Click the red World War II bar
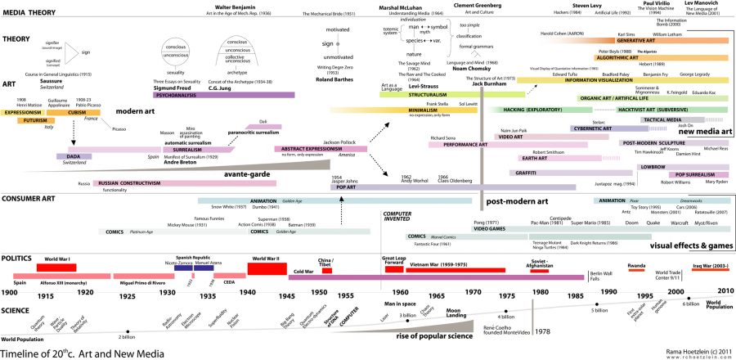point(263,267)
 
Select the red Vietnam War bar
point(434,270)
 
